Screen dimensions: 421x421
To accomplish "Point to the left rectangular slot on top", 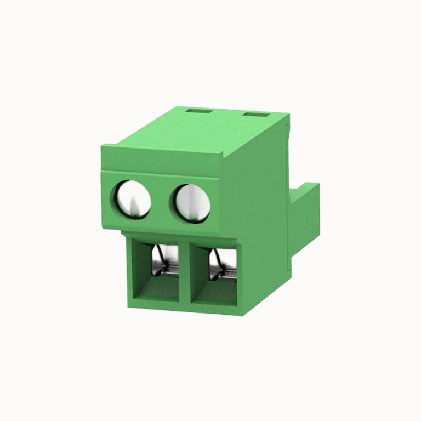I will coord(199,111).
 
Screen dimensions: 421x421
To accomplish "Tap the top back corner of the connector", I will coord(286,116).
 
